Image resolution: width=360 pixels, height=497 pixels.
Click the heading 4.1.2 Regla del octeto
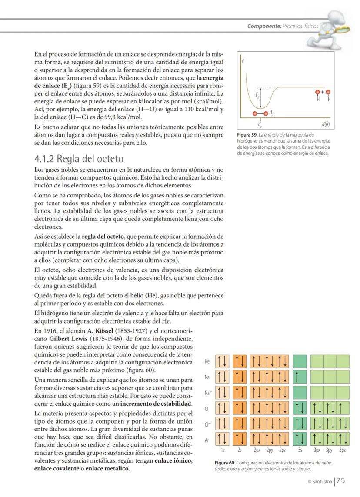[x=79, y=158]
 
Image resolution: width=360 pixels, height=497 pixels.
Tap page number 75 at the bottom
[x=340, y=480]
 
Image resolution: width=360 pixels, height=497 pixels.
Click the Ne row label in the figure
[x=207, y=362]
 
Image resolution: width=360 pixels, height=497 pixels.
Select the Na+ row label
[x=208, y=393]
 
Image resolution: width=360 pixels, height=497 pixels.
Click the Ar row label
[x=207, y=440]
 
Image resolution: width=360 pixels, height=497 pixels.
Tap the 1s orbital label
[x=222, y=450]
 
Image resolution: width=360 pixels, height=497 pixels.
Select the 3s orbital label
[x=300, y=450]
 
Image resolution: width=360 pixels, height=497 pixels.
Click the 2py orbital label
[x=270, y=450]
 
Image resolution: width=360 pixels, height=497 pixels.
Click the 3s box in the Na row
[x=300, y=377]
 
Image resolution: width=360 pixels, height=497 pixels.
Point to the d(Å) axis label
[x=326, y=124]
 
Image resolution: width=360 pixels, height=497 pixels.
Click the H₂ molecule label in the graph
[x=272, y=112]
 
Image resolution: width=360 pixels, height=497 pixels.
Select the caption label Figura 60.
[x=225, y=464]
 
